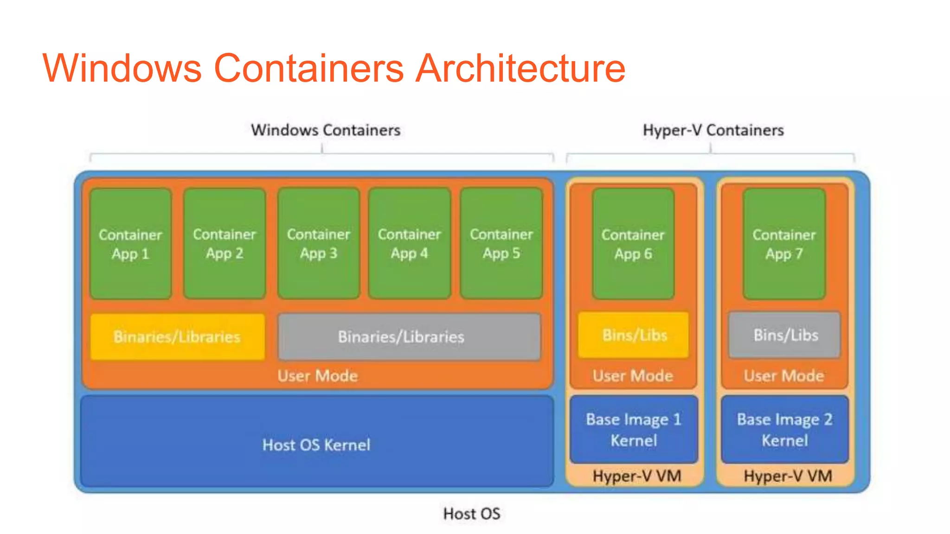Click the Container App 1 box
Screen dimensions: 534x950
pyautogui.click(x=130, y=244)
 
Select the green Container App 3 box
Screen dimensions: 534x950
pyautogui.click(x=318, y=244)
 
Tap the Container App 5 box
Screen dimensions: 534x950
pyautogui.click(x=501, y=244)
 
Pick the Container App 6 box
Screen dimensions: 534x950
pyautogui.click(x=633, y=244)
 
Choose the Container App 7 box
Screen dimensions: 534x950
pyautogui.click(x=784, y=244)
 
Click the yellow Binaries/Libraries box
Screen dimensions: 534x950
pyautogui.click(x=177, y=337)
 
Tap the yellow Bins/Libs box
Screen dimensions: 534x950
pyautogui.click(x=634, y=335)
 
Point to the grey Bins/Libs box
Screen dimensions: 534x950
pyautogui.click(x=785, y=335)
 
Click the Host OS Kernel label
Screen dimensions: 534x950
pyautogui.click(x=316, y=445)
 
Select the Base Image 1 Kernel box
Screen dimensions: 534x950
pyautogui.click(x=634, y=429)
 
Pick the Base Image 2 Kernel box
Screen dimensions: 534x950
pyautogui.click(x=785, y=429)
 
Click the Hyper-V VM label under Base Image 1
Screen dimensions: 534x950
pyautogui.click(x=636, y=476)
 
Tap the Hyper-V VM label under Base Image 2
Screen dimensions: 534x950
pyautogui.click(x=788, y=476)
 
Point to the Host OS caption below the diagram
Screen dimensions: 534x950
pyautogui.click(x=472, y=514)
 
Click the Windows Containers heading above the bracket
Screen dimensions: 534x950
pyautogui.click(x=326, y=130)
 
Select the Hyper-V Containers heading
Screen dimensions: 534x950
pyautogui.click(x=713, y=130)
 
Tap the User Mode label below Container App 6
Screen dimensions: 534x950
pyautogui.click(x=633, y=375)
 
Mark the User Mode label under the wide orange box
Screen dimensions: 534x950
pyautogui.click(x=317, y=375)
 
